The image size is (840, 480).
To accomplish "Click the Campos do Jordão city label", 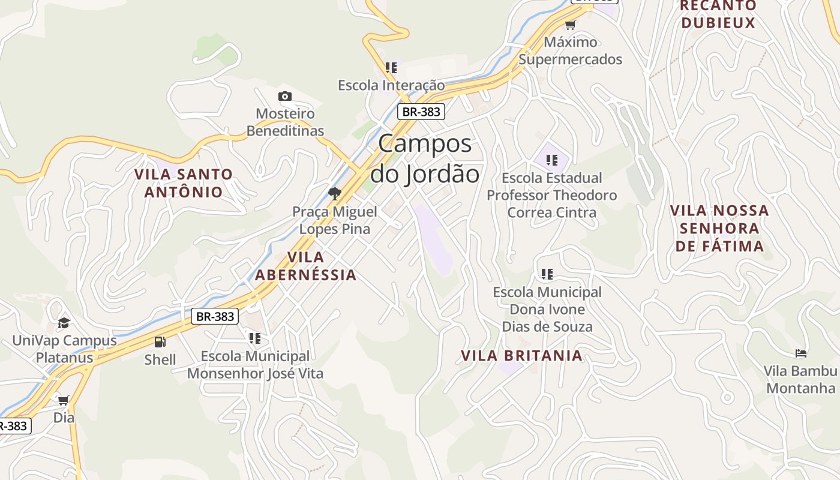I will tap(425, 159).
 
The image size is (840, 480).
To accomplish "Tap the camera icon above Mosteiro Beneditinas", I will tap(285, 96).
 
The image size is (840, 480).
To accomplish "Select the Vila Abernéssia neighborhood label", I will tap(306, 266).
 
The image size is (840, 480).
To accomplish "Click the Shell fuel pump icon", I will tap(160, 342).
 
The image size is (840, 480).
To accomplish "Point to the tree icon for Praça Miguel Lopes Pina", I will tap(335, 194).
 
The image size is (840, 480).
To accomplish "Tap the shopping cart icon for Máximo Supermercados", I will tap(570, 25).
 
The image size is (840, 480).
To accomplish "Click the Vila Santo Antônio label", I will tap(184, 183).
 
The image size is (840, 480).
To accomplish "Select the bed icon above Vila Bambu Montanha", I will tap(800, 353).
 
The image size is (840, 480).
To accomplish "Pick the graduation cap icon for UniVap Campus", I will tap(64, 323).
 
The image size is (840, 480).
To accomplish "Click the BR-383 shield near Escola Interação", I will tap(421, 112).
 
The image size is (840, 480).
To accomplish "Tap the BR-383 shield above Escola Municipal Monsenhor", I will tap(215, 316).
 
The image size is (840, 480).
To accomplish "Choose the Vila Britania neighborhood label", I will tap(521, 355).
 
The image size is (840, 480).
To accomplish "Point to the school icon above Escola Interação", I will tap(391, 68).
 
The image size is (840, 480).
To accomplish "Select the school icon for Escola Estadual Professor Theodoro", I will tap(552, 160).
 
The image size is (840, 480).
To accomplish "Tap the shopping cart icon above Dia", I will tap(63, 400).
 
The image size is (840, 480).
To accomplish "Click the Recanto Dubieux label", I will tap(718, 14).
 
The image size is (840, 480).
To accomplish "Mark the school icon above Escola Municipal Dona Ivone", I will tap(547, 274).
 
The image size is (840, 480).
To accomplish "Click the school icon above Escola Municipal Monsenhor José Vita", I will tap(255, 338).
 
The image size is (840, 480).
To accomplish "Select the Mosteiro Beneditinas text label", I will tap(285, 122).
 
